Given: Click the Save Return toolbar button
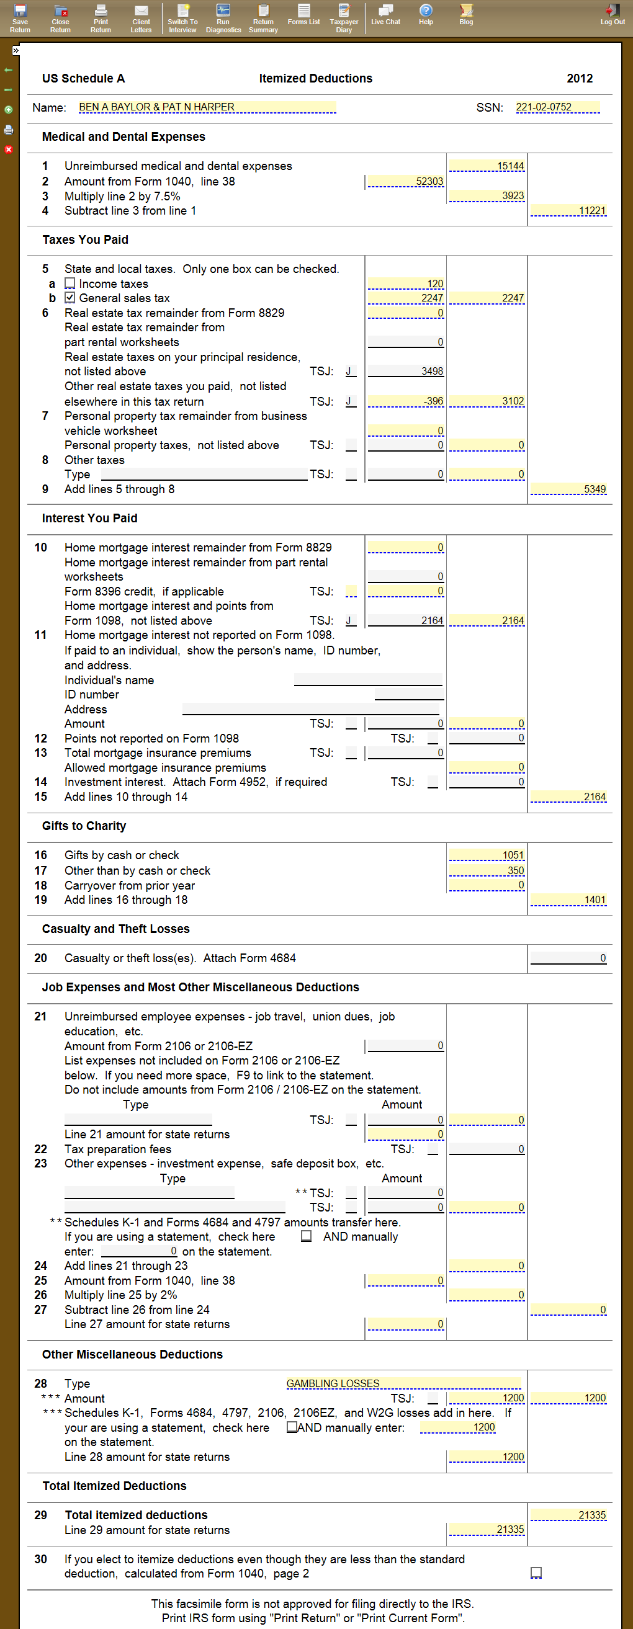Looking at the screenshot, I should (x=20, y=18).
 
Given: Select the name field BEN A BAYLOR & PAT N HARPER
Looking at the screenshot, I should (x=207, y=107).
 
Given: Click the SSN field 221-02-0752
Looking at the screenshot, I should (x=557, y=107).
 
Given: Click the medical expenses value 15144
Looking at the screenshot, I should (x=487, y=166).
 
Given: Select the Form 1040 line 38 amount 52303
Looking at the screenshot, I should (x=405, y=182).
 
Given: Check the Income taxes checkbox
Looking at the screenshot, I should (x=70, y=283).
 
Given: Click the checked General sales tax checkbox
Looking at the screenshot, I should (x=70, y=298).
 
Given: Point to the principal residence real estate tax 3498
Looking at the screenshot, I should (x=405, y=371).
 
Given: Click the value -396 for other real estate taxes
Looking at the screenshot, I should (x=405, y=401).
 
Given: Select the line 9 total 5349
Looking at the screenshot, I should (x=568, y=489).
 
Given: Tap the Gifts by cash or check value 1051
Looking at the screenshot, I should (x=487, y=855).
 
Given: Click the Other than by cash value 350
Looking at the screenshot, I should (x=487, y=871).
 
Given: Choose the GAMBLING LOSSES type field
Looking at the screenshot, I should (x=403, y=1383).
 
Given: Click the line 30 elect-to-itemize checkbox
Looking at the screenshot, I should (x=536, y=1573).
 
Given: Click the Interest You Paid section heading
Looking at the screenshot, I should (x=89, y=519).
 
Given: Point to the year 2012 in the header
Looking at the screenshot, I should (x=579, y=78).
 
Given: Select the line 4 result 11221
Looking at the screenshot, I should (x=568, y=210).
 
